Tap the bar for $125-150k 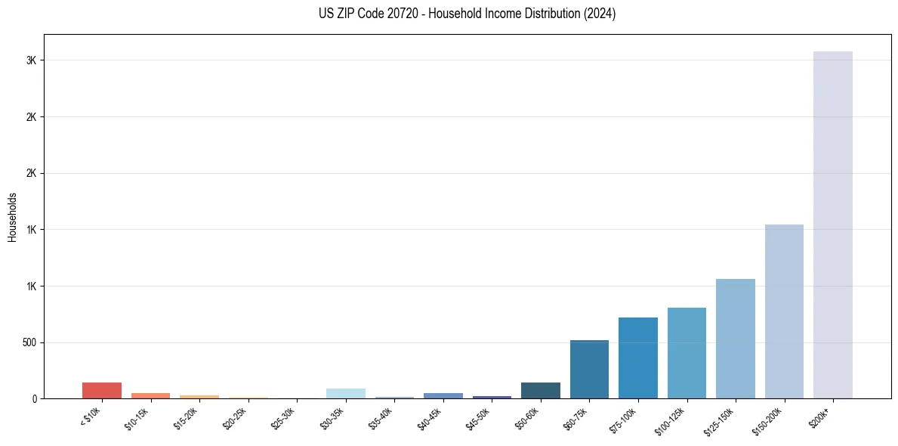735,339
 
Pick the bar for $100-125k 687,353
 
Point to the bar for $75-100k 637,358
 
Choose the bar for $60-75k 589,370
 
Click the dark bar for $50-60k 540,391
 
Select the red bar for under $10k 102,391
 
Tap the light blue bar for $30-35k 345,394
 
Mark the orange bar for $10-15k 150,395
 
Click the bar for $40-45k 443,395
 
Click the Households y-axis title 13,217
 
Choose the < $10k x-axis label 91,417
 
